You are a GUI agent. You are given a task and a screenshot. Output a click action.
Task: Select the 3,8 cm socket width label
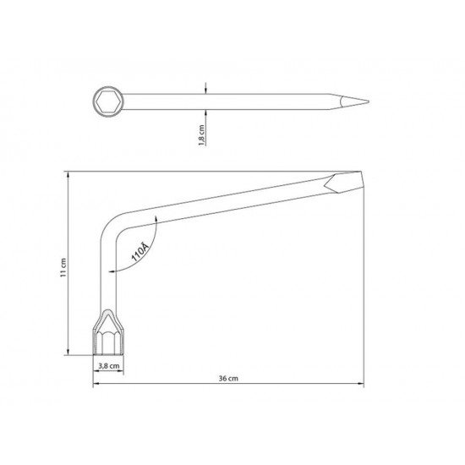click(x=107, y=367)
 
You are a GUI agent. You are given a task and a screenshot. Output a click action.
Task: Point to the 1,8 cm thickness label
click(x=200, y=135)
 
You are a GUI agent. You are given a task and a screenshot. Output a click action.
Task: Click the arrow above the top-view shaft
click(x=205, y=89)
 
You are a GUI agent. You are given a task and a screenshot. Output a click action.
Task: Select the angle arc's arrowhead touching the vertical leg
click(x=112, y=270)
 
